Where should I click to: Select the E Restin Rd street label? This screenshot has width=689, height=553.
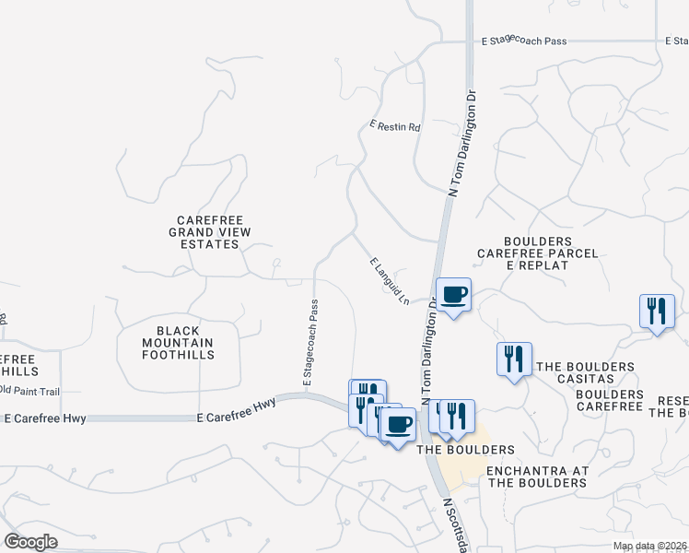[394, 126]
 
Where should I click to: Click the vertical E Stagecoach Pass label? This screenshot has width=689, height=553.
[310, 342]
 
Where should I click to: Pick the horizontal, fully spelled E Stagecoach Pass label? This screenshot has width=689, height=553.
[524, 41]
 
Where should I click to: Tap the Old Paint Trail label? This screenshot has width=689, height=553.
[29, 391]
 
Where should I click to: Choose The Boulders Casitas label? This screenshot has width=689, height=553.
[585, 367]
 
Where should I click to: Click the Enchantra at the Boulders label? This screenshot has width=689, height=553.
[536, 477]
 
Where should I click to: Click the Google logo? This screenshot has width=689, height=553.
[31, 541]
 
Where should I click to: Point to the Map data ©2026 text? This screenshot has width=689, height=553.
[650, 546]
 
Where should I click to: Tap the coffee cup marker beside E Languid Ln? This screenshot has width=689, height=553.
[453, 295]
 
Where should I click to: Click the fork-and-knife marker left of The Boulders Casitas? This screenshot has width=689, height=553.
[514, 359]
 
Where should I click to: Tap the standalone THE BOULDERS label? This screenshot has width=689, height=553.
[465, 450]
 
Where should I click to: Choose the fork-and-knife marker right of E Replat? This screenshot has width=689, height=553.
[658, 312]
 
